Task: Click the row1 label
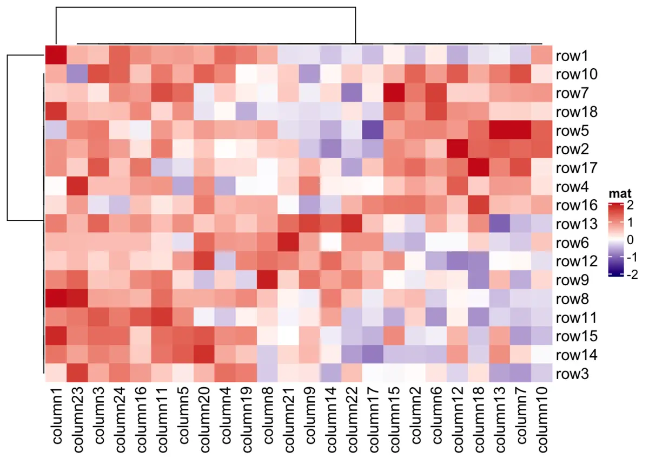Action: (575, 56)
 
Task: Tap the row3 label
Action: (575, 374)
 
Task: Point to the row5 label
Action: (575, 130)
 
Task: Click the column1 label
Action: (56, 417)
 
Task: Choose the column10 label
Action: (541, 419)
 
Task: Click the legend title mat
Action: (619, 193)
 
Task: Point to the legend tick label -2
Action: (631, 275)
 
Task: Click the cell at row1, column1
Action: (56, 56)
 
